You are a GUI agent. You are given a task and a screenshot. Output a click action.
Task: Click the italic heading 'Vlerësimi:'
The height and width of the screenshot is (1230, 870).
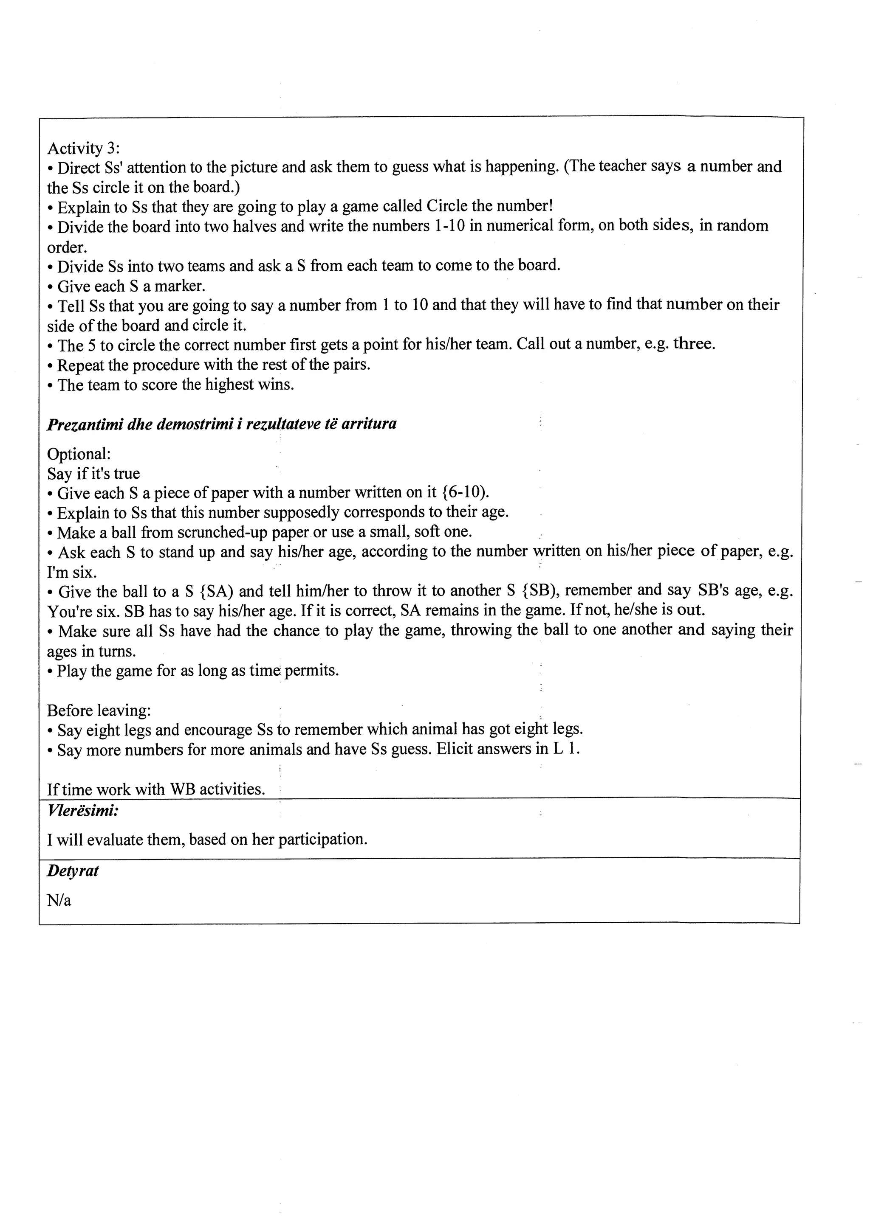pos(82,811)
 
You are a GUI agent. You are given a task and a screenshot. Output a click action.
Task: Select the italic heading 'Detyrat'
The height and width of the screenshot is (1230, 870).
pos(73,871)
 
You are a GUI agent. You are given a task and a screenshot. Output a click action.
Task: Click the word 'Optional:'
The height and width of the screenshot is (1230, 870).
pos(79,454)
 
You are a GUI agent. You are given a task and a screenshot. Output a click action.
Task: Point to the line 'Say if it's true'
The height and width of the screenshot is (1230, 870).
pos(93,474)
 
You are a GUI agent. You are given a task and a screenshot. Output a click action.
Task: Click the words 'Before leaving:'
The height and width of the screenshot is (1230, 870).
pos(99,710)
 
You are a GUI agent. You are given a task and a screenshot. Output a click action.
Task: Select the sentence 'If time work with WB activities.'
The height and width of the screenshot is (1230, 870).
pos(156,789)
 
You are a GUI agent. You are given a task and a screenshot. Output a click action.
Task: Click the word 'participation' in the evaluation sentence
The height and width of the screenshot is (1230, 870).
pos(322,839)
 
